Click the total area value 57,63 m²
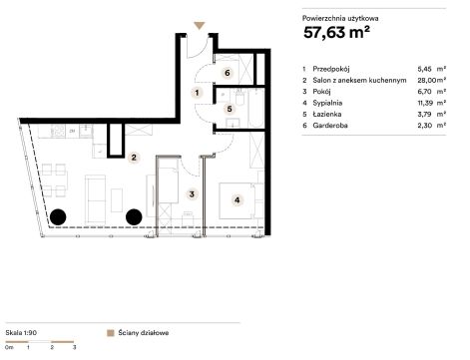click(x=336, y=33)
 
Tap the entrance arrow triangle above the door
click(x=200, y=25)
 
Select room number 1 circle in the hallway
click(x=197, y=93)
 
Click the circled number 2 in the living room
click(x=134, y=158)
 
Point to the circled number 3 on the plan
click(x=192, y=194)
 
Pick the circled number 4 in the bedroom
click(x=236, y=200)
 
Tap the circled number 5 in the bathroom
click(x=230, y=109)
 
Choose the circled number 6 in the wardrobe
click(x=228, y=73)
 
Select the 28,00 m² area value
click(x=432, y=80)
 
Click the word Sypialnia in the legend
click(x=327, y=103)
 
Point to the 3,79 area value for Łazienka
click(x=425, y=114)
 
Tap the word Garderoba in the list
click(x=330, y=126)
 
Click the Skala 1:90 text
click(x=21, y=333)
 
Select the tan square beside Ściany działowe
click(x=111, y=333)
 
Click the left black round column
click(x=58, y=217)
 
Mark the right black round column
click(x=134, y=216)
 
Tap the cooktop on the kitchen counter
click(x=59, y=131)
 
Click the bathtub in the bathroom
click(x=256, y=108)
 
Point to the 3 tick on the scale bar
click(x=74, y=347)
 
